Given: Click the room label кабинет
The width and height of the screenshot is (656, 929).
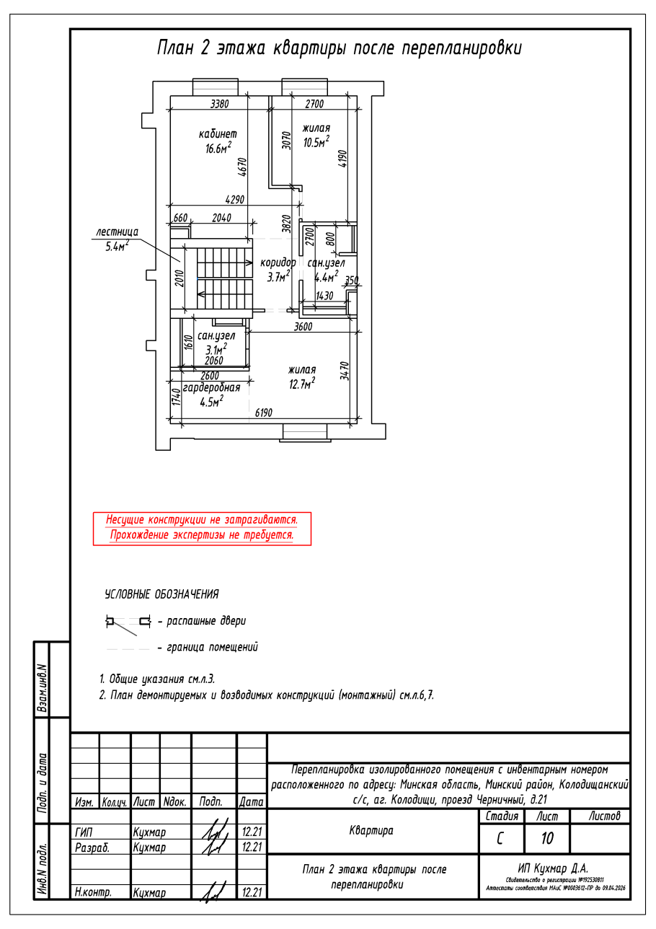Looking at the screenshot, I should [217, 134].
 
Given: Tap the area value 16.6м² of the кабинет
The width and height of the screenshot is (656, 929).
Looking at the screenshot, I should [217, 149].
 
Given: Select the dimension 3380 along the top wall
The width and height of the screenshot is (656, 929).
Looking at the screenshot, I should [219, 104].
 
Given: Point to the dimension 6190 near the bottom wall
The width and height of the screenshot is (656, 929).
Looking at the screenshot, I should [266, 413].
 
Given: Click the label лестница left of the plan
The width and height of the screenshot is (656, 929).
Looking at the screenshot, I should [117, 232].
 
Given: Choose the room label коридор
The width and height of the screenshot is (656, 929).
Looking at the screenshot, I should [278, 263].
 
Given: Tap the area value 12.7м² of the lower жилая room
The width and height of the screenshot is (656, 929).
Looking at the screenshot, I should [302, 384].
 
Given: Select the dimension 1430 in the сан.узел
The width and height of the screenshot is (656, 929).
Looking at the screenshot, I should [325, 296].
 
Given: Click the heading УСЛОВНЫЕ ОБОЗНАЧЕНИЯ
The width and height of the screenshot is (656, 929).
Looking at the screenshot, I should [161, 595].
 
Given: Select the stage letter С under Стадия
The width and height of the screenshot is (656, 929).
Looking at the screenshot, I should [500, 838].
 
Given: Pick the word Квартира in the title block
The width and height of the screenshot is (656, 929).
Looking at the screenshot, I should [371, 831].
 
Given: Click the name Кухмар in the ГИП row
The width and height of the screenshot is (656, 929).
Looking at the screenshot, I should [149, 832].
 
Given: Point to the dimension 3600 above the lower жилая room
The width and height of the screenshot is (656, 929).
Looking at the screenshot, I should [303, 327].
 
